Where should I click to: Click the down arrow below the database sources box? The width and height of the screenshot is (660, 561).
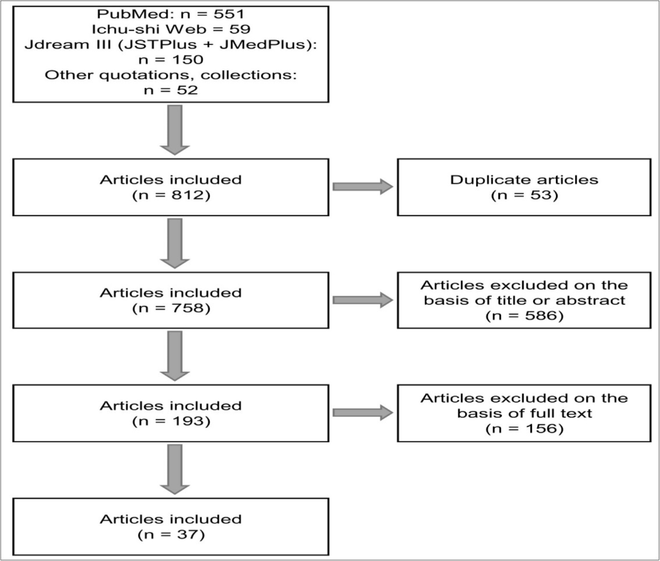[x=175, y=129]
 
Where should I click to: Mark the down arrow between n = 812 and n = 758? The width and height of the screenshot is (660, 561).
[x=175, y=242]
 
